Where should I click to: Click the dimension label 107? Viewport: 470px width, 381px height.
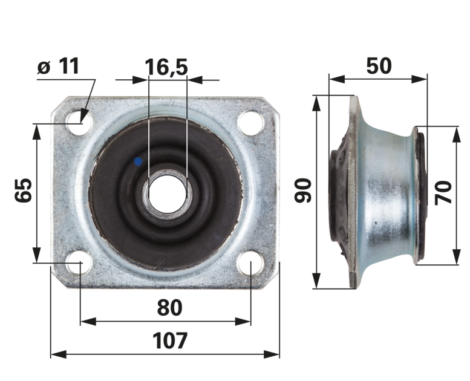[x=170, y=340]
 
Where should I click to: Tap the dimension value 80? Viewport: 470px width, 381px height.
[x=169, y=307]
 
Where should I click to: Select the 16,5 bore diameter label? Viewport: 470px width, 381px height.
[x=166, y=67]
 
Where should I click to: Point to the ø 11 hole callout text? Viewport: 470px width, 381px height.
[x=58, y=66]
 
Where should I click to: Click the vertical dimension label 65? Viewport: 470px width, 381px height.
[x=23, y=190]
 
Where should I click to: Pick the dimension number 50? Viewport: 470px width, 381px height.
[x=379, y=66]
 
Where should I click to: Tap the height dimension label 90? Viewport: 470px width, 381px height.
[x=303, y=190]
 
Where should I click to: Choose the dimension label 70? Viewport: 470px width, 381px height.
[x=443, y=192]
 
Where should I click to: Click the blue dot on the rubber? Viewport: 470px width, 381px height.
[x=138, y=161]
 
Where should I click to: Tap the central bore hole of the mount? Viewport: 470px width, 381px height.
[x=168, y=194]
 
